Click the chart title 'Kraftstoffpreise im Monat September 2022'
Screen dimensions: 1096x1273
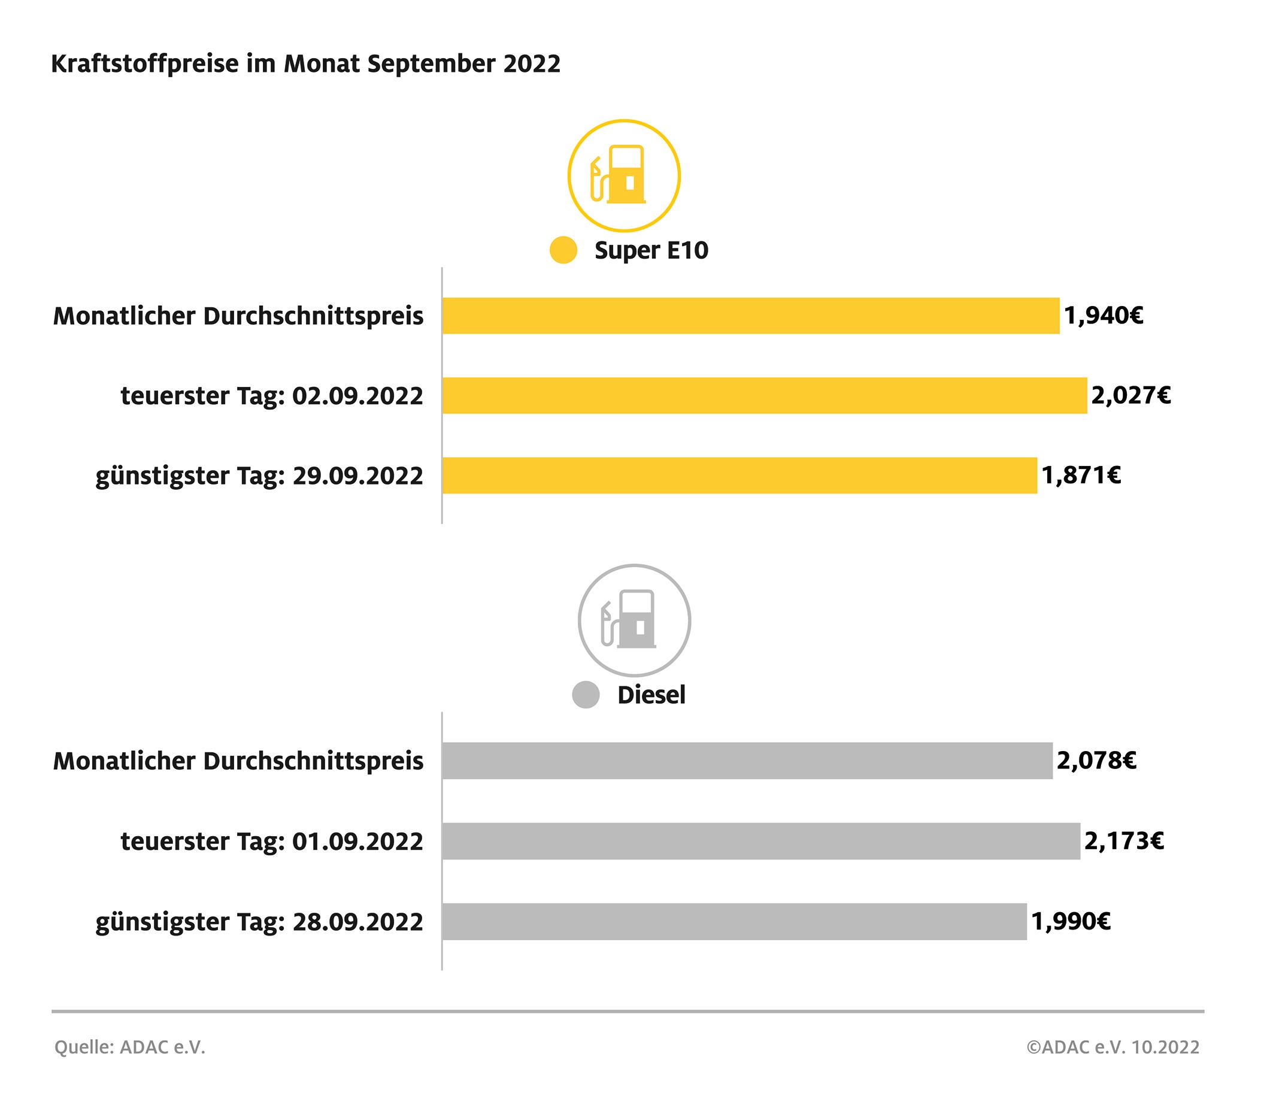pyautogui.click(x=305, y=64)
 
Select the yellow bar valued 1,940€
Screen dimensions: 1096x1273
pyautogui.click(x=750, y=316)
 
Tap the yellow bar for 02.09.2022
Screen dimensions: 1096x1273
pyautogui.click(x=764, y=396)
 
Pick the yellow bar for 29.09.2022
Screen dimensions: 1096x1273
pyautogui.click(x=739, y=476)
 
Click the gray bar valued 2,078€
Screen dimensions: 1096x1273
pyautogui.click(x=747, y=761)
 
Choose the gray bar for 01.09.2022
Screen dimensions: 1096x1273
pyautogui.click(x=760, y=841)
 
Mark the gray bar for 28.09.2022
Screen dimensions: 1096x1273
pyautogui.click(x=734, y=922)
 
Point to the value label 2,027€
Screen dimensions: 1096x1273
pyautogui.click(x=1130, y=395)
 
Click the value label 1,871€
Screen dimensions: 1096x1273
pyautogui.click(x=1081, y=476)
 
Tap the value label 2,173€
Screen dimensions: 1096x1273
pyautogui.click(x=1124, y=841)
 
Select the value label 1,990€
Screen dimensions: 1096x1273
pyautogui.click(x=1071, y=922)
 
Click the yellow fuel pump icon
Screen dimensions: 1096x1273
pyautogui.click(x=623, y=175)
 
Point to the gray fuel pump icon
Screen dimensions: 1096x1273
pyautogui.click(x=634, y=620)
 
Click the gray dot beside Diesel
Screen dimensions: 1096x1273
pyautogui.click(x=586, y=695)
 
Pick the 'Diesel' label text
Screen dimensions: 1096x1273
pyautogui.click(x=651, y=695)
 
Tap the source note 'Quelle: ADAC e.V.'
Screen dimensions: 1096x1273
pyautogui.click(x=129, y=1047)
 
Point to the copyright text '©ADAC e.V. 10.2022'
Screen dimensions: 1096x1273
pyautogui.click(x=1113, y=1047)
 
